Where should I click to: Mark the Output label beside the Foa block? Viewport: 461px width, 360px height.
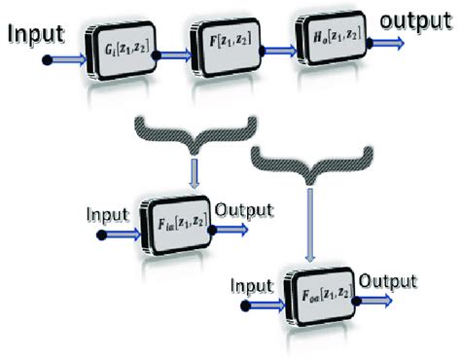click(389, 280)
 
